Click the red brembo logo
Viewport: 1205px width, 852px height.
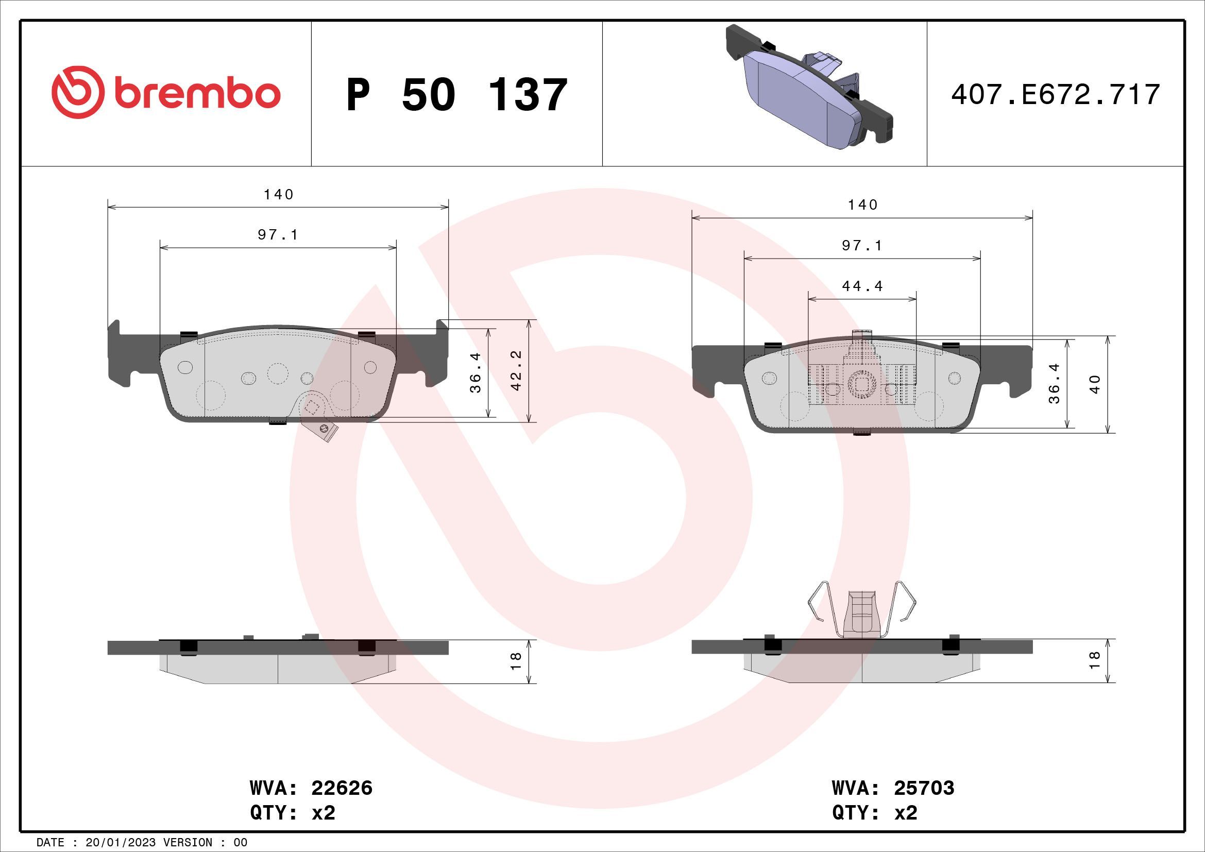(166, 92)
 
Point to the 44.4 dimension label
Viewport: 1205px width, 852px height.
(862, 286)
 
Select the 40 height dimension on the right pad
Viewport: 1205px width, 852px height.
(1095, 384)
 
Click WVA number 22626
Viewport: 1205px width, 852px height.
(342, 788)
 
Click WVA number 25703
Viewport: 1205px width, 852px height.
(924, 788)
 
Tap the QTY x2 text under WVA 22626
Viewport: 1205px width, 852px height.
(293, 813)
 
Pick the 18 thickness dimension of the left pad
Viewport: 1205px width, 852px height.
(515, 661)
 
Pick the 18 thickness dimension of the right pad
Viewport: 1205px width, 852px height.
(1095, 660)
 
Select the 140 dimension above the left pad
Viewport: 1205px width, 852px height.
(278, 195)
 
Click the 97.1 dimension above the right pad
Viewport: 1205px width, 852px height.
(862, 246)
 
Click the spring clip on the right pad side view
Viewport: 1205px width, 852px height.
(862, 611)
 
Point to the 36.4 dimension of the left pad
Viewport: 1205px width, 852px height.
(476, 372)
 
